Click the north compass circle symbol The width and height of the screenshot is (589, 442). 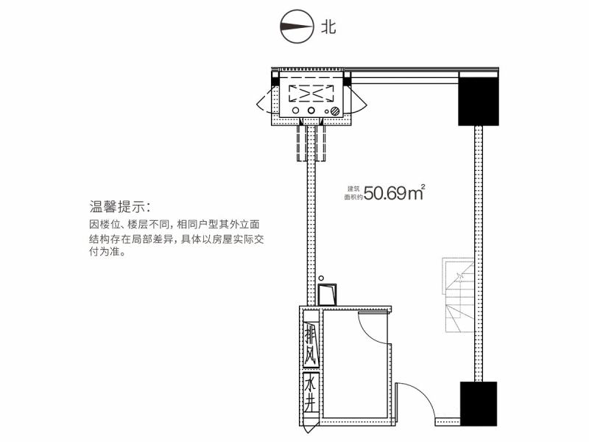[x=297, y=27]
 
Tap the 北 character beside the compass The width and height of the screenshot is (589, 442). [x=328, y=27]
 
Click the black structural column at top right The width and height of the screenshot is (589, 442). [x=478, y=102]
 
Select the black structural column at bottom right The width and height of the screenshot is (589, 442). [x=479, y=404]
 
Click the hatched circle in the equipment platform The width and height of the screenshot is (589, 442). [x=335, y=111]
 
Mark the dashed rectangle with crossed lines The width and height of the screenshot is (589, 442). [x=311, y=94]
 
